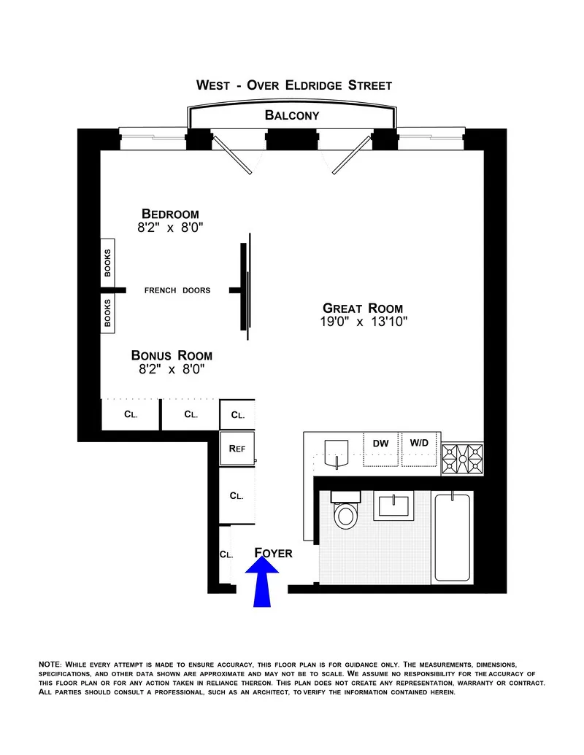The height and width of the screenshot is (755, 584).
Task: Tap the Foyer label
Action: click(x=273, y=554)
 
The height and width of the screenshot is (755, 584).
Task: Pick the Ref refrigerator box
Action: click(x=237, y=449)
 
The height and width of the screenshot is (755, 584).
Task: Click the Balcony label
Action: click(x=292, y=115)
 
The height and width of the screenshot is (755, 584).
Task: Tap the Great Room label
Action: click(x=363, y=309)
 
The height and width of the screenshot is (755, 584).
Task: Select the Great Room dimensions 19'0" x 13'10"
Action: click(x=363, y=322)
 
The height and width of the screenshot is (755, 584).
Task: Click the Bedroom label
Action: click(x=170, y=214)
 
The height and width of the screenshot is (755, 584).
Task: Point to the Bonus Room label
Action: click(x=172, y=355)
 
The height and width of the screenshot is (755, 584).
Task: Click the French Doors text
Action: click(x=177, y=290)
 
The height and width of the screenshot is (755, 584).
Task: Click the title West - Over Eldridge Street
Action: click(x=294, y=85)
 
